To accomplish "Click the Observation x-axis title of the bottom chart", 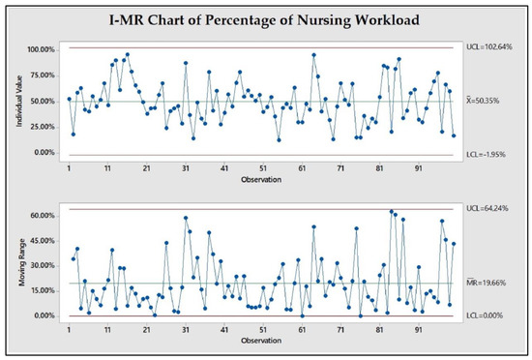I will [x=262, y=340].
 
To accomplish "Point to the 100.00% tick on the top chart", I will [x=40, y=48].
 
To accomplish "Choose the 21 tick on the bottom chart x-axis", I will [x=146, y=329].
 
